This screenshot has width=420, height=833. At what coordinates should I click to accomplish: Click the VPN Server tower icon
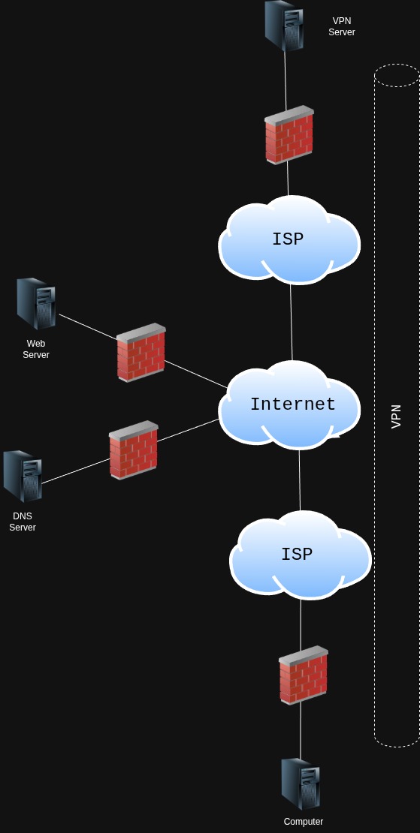tap(284, 26)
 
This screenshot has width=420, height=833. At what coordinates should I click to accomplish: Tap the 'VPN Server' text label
tap(341, 27)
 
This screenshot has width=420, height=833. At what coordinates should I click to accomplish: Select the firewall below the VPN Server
tap(289, 135)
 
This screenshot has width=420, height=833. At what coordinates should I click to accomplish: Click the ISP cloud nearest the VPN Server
tap(289, 240)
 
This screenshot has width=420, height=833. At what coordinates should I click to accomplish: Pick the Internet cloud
tap(292, 405)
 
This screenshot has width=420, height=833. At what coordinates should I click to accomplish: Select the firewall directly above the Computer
tap(303, 675)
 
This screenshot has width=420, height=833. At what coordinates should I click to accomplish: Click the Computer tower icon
tap(301, 783)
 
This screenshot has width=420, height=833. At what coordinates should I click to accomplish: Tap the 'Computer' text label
tap(304, 822)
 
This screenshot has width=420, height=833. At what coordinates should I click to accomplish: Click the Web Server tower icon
tap(36, 304)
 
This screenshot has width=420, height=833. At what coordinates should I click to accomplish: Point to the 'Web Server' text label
tap(36, 349)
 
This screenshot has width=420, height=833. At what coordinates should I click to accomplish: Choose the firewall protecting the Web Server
tap(141, 353)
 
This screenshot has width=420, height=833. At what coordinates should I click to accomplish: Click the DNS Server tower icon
tap(22, 477)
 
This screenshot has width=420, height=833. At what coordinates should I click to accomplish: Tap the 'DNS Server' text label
tap(23, 522)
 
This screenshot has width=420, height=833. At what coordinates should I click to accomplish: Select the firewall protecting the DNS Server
tap(133, 450)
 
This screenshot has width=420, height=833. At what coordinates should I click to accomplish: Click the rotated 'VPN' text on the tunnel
tap(397, 416)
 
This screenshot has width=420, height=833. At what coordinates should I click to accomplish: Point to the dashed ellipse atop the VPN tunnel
tap(397, 75)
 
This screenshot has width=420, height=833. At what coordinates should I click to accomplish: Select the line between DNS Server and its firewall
tap(75, 471)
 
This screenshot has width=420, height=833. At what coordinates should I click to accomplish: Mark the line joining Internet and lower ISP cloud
tap(300, 480)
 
